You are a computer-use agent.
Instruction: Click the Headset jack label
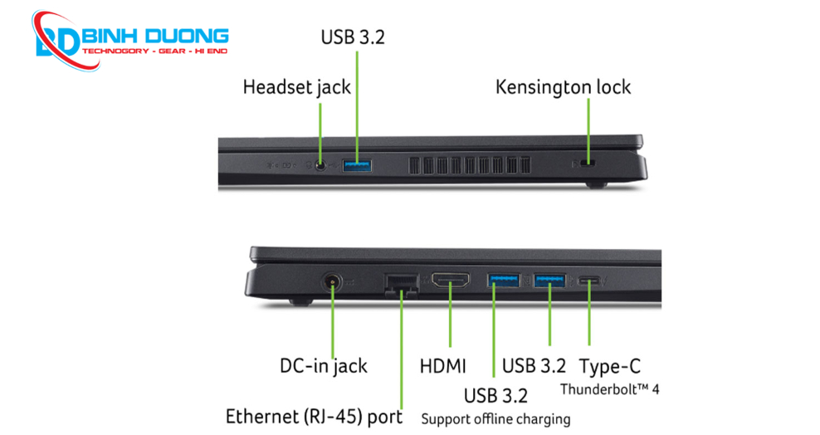[296, 87]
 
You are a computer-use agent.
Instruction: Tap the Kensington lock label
[563, 87]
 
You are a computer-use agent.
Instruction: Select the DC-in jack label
[323, 366]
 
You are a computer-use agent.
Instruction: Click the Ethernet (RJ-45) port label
[314, 416]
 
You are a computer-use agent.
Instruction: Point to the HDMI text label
[443, 366]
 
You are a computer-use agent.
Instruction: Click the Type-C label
[610, 366]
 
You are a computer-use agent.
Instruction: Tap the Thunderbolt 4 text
[610, 389]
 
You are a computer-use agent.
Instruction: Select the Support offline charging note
[495, 418]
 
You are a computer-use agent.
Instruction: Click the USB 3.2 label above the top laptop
[353, 37]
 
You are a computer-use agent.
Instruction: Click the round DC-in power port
[333, 281]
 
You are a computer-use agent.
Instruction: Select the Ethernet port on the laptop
[401, 283]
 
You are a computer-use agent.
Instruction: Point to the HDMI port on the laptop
[450, 281]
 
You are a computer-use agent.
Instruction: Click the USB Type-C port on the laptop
[589, 281]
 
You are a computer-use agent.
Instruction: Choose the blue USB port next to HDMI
[503, 281]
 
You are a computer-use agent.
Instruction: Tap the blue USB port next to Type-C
[549, 281]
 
